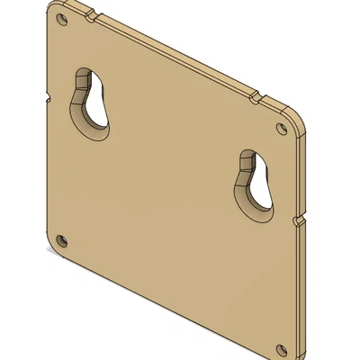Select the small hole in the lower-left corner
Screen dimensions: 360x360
point(61,240)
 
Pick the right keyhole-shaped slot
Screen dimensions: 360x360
point(255,184)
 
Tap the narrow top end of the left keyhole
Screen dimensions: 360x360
point(86,79)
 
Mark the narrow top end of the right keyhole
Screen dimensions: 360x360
point(248,159)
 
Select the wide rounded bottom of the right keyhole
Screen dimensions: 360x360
point(260,200)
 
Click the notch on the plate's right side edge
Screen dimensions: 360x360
point(298,220)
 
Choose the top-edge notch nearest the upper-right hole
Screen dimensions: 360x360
point(256,94)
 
